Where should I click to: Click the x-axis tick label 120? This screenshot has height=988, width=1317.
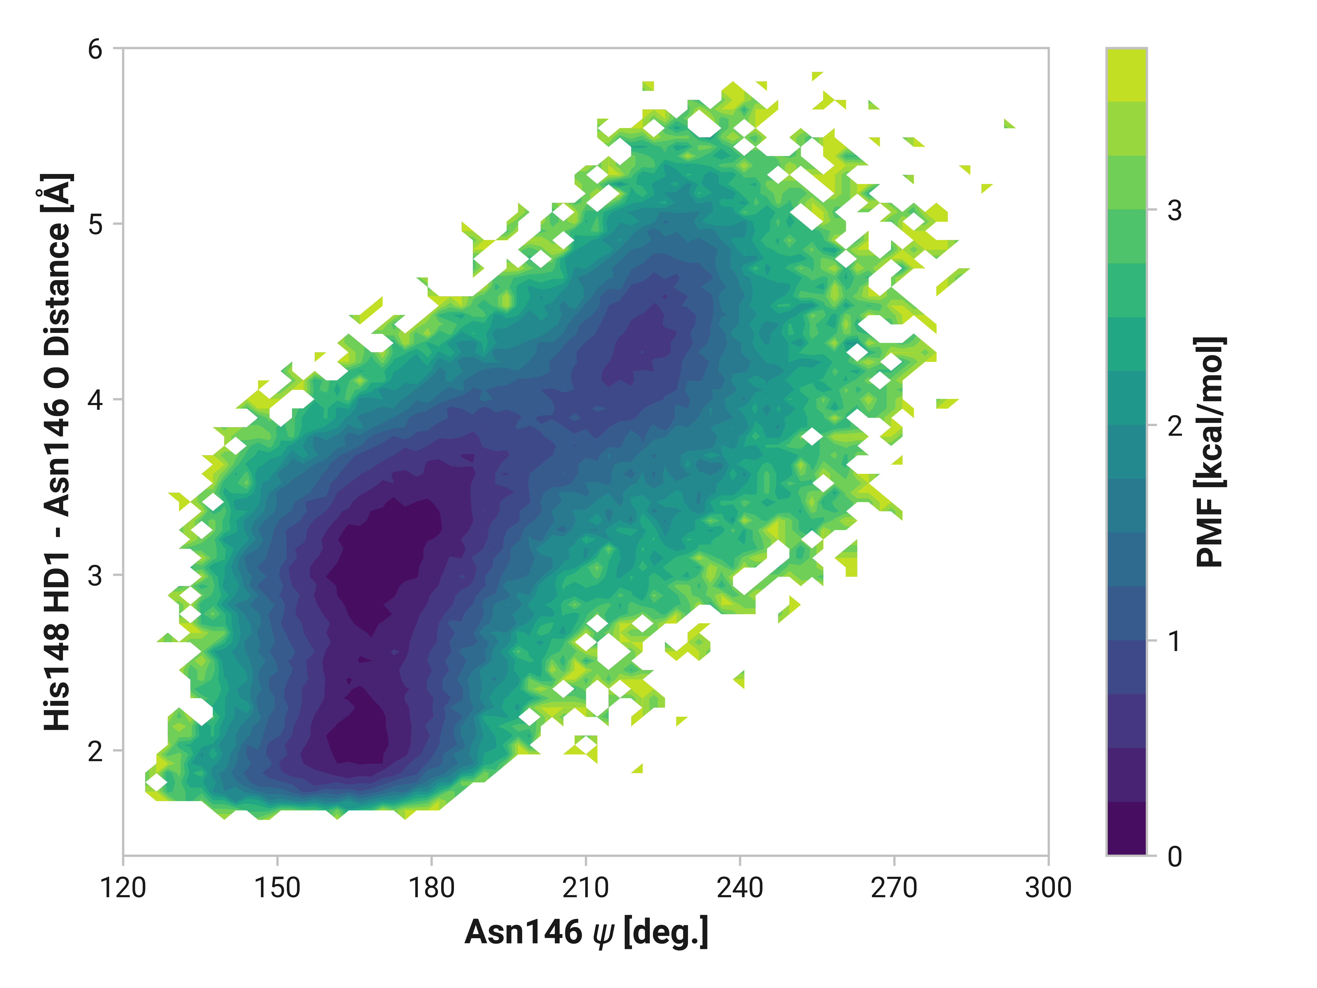tap(123, 888)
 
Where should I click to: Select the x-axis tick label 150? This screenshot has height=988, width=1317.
tap(277, 888)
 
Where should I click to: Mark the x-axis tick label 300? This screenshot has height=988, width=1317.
tap(1048, 888)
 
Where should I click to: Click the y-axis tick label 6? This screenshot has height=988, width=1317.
tap(95, 49)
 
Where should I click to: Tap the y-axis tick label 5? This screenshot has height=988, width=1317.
tap(95, 225)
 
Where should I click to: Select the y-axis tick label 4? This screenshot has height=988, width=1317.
tap(95, 400)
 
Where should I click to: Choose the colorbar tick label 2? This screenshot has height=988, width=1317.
tap(1174, 426)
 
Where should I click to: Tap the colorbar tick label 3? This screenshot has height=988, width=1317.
tap(1174, 210)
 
